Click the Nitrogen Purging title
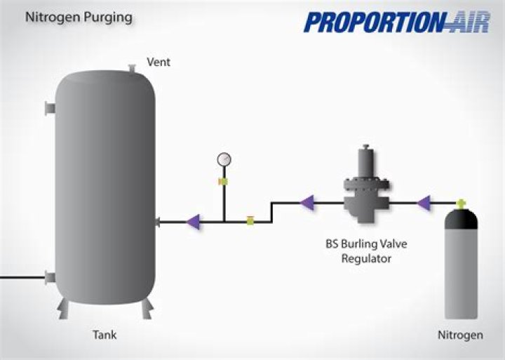coord(79,17)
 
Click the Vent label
coord(159,62)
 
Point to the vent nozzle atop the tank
coord(131,67)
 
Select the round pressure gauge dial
coord(224,159)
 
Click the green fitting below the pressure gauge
coord(224,182)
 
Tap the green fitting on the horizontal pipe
coord(250,221)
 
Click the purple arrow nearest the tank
coord(193,221)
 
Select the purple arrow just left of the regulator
coord(307,204)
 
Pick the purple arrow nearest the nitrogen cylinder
coord(423,204)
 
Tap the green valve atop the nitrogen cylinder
coord(461,204)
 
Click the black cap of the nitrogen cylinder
coord(461,221)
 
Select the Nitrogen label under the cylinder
coord(460,335)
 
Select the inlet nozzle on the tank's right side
coord(159,222)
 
